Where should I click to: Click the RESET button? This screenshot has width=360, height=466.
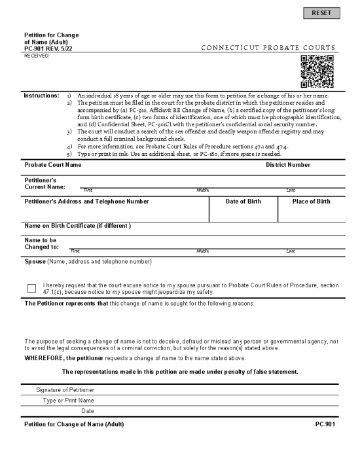322,13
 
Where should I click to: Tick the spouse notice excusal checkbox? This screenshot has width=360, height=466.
31,289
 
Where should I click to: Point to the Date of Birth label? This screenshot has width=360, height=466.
243,202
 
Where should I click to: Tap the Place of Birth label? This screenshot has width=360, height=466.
312,202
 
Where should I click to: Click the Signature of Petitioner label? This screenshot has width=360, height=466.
65,390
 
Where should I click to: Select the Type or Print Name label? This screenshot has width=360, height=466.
69,401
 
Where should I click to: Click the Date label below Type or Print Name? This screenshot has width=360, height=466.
88,411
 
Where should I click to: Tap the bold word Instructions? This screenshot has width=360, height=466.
41,96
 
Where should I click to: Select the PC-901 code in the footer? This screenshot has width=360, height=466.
325,425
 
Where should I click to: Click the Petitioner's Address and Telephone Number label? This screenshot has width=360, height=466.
86,202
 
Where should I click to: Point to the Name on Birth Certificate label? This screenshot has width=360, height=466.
77,226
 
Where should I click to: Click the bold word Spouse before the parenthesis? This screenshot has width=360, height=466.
35,262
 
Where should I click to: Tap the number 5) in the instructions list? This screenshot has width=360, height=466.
69,154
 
